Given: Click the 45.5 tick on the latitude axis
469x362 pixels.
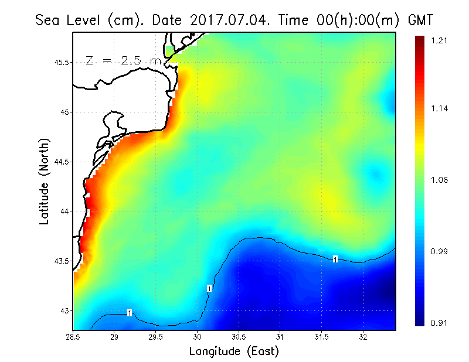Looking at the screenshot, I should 59,62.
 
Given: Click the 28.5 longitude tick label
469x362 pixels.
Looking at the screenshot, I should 73,337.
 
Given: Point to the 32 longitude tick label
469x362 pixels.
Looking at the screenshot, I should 363,337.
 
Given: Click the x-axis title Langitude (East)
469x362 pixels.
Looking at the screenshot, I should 234,351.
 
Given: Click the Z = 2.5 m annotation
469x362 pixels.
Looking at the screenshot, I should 123,60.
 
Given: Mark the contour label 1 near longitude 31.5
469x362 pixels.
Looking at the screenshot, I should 335,259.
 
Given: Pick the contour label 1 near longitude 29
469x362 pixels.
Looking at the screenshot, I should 129,313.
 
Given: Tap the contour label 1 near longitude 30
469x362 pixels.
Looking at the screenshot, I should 209,288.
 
